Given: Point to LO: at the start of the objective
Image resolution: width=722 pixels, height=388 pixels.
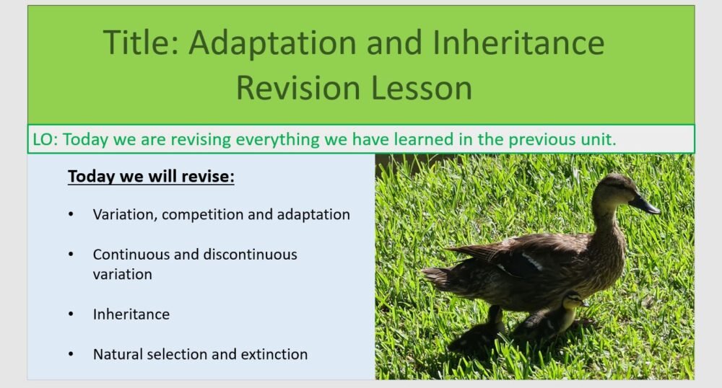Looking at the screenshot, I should (45, 139).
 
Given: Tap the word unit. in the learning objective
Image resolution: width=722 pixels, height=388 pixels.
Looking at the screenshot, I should (593, 139).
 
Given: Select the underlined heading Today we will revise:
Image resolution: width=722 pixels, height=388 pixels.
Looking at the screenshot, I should (151, 177).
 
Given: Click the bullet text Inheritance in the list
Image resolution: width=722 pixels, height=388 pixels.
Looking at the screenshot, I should (131, 314).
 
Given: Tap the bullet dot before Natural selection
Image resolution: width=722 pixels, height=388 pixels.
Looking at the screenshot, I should (71, 354).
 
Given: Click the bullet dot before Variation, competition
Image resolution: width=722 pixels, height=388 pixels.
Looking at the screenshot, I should (71, 215).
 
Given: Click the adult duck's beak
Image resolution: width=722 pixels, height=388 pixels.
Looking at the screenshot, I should (644, 206).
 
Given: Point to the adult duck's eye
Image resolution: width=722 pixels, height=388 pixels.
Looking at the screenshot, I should (619, 188).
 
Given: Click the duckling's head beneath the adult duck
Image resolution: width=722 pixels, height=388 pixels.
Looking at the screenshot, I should (573, 301).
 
